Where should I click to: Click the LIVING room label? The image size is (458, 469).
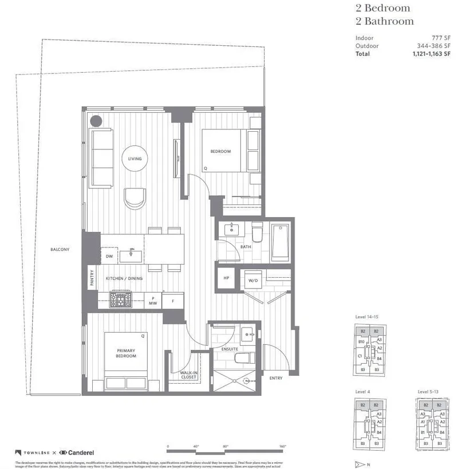point(135,159)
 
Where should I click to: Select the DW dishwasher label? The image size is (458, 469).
point(109,257)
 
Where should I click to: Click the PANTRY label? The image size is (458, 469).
point(92,278)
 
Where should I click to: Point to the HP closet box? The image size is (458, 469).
point(226,279)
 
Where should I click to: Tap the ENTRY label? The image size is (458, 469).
point(276,378)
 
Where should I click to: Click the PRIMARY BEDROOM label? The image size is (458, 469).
point(126,353)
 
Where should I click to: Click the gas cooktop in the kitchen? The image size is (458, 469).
point(121,298)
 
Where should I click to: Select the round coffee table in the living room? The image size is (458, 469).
point(135,159)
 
